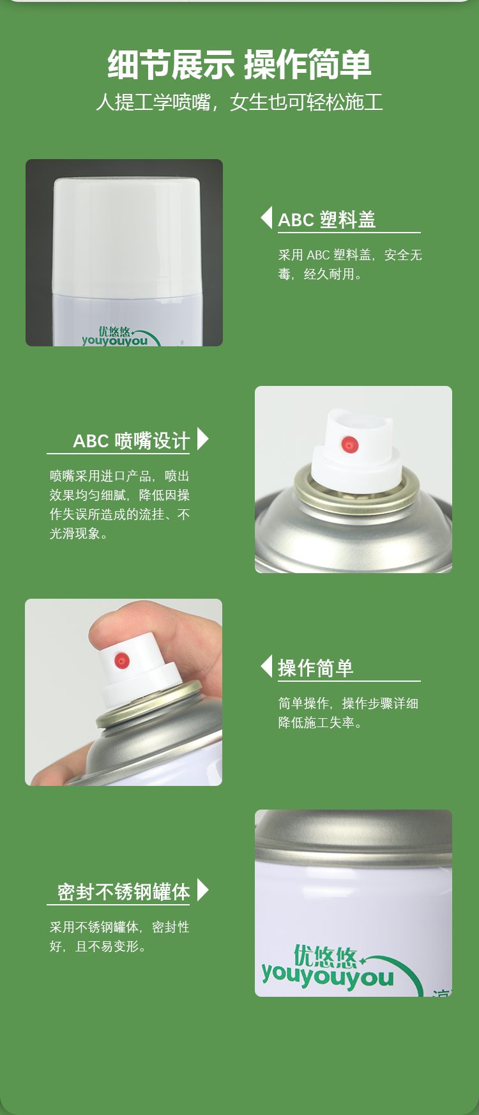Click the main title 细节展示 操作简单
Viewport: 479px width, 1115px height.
(240, 65)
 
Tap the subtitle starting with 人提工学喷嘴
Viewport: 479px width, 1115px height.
(240, 102)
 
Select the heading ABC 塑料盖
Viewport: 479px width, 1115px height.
(327, 220)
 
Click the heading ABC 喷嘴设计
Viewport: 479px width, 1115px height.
(132, 441)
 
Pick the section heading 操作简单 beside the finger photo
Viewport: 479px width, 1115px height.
(316, 668)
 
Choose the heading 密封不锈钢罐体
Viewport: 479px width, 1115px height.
(124, 892)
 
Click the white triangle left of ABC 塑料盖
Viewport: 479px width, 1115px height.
(267, 218)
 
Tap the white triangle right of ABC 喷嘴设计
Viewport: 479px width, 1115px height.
(203, 439)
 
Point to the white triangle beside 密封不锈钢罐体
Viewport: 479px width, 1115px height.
(203, 889)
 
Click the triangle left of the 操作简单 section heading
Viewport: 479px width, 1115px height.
(267, 666)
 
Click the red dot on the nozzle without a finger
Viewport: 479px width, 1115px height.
(350, 444)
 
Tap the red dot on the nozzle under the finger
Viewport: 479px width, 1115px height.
(121, 661)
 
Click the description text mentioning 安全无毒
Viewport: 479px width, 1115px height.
(350, 265)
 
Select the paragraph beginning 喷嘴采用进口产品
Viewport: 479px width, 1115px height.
(119, 505)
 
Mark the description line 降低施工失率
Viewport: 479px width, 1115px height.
(320, 723)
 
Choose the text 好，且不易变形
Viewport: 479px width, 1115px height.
(98, 946)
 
